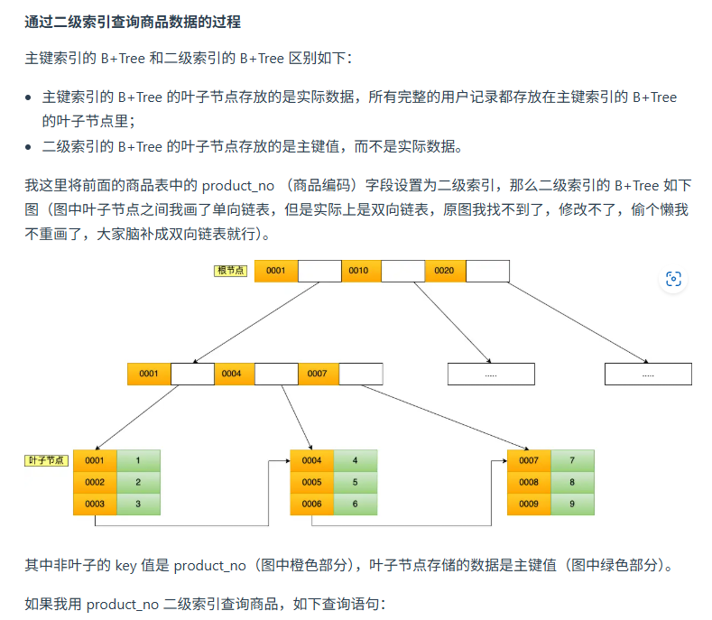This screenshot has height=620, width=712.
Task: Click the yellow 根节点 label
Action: point(230,271)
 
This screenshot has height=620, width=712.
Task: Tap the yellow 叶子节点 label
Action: point(46,460)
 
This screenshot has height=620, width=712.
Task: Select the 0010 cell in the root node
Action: point(359,271)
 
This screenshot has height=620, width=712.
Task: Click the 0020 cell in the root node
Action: point(444,271)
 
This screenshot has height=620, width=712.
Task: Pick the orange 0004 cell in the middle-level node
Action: point(233,374)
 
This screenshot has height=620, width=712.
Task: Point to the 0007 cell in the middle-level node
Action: point(318,374)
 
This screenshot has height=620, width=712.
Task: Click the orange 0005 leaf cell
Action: point(311,482)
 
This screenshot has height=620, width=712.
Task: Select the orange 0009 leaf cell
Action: point(529,504)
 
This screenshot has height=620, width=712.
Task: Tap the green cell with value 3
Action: point(138,504)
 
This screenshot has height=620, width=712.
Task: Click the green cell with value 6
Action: point(355,504)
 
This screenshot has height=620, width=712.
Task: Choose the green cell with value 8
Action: point(572,482)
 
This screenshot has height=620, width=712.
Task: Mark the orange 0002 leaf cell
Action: point(95,482)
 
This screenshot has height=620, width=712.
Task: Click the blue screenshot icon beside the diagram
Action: point(673,279)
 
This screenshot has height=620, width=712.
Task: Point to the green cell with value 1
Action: point(138,460)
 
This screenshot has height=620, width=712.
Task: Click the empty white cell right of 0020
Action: point(487,271)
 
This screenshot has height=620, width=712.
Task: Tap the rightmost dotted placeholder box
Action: point(648,374)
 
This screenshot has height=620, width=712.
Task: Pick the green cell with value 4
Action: point(355,460)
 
